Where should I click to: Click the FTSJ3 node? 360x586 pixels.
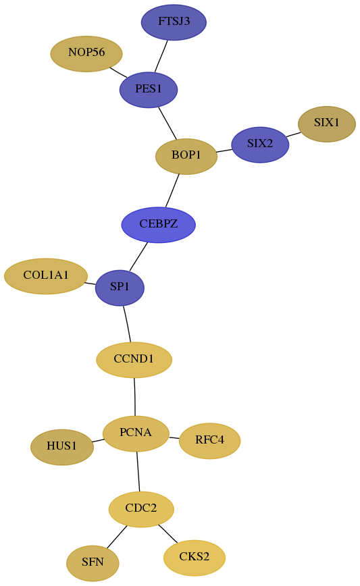[x=174, y=22]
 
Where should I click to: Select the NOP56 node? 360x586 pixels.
[x=86, y=53]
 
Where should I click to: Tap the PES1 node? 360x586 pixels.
[x=149, y=90]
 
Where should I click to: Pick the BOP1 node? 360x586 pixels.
[x=186, y=156]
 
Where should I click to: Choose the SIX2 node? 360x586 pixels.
[x=260, y=144]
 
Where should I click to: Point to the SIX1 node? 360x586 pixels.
[x=327, y=124]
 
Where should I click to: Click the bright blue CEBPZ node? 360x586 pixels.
[x=159, y=225]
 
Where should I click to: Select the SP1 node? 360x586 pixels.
[x=120, y=288]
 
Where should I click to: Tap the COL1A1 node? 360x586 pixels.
[x=46, y=276]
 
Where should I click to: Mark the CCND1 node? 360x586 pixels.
[x=134, y=360]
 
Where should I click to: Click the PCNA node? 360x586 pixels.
[x=136, y=433]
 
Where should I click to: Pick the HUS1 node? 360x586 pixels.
[x=62, y=447]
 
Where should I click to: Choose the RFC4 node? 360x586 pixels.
[x=210, y=441]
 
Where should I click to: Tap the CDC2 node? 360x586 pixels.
[x=141, y=509]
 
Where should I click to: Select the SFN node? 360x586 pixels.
[x=93, y=563]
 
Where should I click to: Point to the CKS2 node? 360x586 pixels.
[x=195, y=558]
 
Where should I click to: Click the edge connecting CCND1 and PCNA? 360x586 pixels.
[x=134, y=396]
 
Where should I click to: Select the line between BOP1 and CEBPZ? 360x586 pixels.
[x=172, y=190]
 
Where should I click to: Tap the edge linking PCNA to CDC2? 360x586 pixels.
[x=138, y=471]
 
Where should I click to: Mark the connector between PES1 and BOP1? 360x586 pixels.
[x=167, y=124]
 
